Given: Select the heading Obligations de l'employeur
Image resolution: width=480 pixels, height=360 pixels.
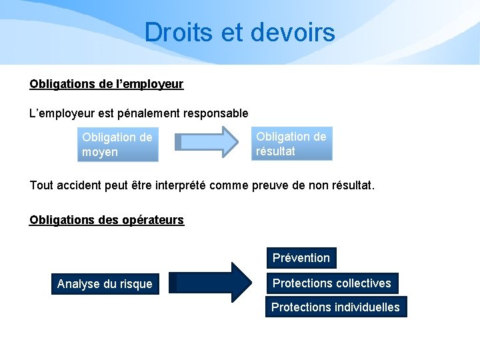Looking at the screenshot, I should tap(107, 85).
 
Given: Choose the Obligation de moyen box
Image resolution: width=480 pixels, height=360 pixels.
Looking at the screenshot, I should tap(118, 145).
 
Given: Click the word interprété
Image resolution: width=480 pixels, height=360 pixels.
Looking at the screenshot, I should tap(176, 185).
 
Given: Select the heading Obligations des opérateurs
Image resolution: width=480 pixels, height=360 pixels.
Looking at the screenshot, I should tap(107, 220).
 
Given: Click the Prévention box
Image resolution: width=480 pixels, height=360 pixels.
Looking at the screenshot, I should tap(301, 257).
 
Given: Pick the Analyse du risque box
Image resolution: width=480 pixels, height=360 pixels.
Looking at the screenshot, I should tap(105, 284).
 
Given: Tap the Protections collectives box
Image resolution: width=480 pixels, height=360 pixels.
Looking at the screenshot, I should tap(332, 283).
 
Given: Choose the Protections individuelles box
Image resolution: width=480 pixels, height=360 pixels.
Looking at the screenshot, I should tap(335, 307).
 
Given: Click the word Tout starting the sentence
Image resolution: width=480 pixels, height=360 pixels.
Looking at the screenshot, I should tap(41, 185).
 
